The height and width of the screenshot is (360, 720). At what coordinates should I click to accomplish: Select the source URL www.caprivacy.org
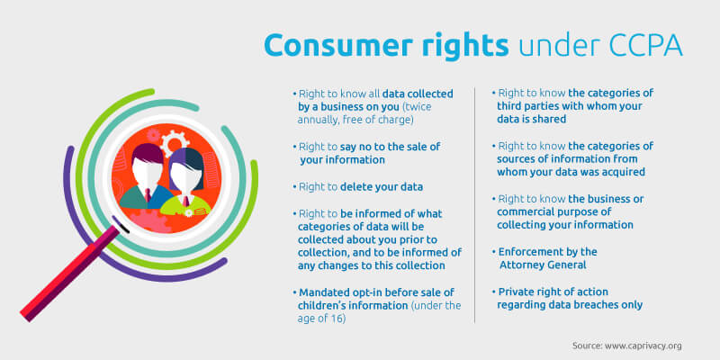pos(643,346)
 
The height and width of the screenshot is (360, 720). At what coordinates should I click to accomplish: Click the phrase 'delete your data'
pos(381,187)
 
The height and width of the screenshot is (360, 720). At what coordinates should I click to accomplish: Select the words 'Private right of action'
pos(553,292)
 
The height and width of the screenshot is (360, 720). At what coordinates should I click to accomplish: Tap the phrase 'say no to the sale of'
pos(390,147)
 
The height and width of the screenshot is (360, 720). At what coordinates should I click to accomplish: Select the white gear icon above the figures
pos(175,141)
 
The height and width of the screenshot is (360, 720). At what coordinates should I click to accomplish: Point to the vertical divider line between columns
pos(474,205)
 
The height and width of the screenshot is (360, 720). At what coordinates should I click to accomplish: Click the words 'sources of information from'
pos(567,159)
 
